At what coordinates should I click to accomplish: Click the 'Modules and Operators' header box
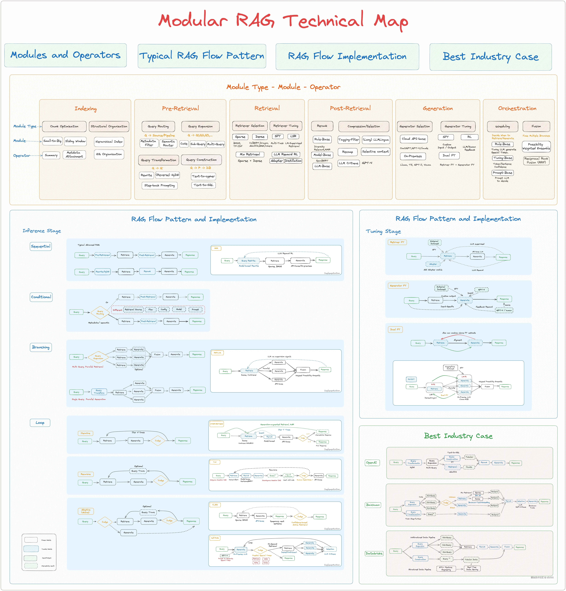click(65, 55)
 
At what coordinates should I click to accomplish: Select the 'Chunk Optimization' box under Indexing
click(64, 126)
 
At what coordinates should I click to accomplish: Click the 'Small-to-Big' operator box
click(52, 141)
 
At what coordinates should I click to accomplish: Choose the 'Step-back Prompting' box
click(159, 185)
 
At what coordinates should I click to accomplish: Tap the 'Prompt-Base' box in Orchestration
click(502, 173)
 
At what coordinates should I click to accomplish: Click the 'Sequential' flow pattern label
click(41, 246)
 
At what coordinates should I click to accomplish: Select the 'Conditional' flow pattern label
click(41, 297)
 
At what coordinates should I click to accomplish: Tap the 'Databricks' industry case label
click(374, 553)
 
